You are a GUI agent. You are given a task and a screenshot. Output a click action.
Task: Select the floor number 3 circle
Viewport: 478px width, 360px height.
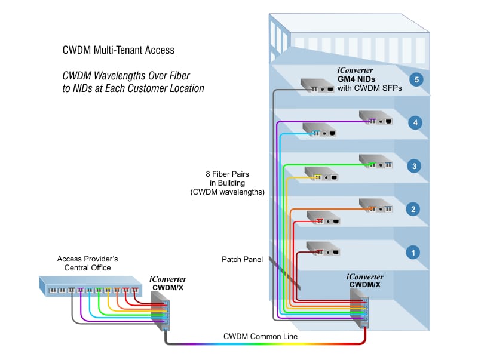tap(414, 166)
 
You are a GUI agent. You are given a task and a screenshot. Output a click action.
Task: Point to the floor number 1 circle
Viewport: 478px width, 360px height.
tap(412, 253)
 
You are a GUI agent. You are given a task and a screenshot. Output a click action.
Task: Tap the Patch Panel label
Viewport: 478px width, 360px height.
tap(242, 259)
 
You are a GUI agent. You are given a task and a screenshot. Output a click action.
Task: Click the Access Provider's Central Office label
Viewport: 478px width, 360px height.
tap(87, 263)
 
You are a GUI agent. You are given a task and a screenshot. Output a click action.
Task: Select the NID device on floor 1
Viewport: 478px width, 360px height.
tap(323, 247)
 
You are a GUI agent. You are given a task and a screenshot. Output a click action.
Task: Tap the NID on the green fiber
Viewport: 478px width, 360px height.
tap(376, 161)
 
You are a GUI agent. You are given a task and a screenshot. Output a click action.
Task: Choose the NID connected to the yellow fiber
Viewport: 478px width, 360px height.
tap(321, 174)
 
